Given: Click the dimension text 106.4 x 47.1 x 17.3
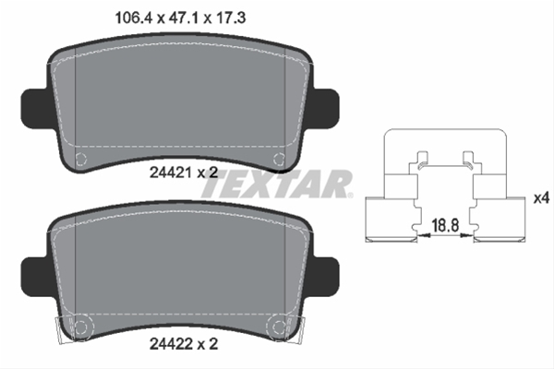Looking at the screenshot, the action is pos(180,18).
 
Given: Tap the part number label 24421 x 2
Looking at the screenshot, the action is pos(184,173).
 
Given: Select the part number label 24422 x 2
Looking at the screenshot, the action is pos(184,343).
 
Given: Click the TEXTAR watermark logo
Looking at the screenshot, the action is pos(277,184).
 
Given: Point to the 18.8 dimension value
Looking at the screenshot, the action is pos(445,225).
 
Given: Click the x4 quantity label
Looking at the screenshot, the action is pos(541,198).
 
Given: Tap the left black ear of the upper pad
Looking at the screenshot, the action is pos(35,109).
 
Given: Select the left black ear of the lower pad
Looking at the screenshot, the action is pos(35,277).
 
